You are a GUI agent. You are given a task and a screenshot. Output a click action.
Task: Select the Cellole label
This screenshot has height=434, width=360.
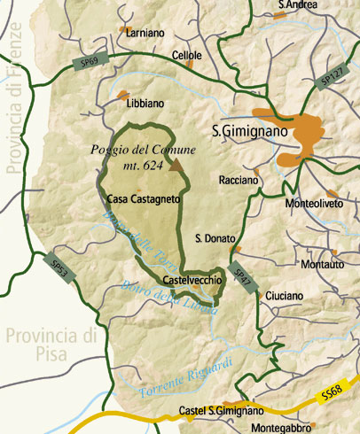coord(187,55)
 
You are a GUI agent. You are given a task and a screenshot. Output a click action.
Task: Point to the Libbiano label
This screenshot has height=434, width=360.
coord(145,103)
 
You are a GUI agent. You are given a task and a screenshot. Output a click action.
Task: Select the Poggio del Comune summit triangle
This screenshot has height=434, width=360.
coord(176,165)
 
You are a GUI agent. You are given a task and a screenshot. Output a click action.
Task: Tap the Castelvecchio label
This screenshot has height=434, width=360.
coord(187,280)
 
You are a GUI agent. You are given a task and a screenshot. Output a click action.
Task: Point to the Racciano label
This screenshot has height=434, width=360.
coord(239,180)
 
